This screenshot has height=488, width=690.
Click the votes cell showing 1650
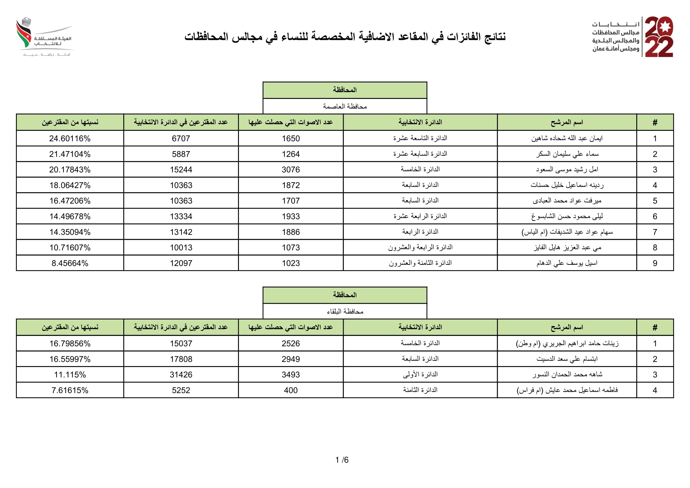coord(291,138)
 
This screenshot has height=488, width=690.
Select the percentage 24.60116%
coord(70,138)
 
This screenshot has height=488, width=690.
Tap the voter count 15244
coord(181,169)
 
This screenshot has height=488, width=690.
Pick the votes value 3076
coord(291,169)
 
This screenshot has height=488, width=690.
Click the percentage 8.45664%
coord(70,263)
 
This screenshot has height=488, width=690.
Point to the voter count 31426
coord(181,375)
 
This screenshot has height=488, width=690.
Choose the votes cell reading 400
coord(291,390)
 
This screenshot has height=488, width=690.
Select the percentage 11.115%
coord(70,375)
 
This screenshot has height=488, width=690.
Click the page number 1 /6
coord(342,460)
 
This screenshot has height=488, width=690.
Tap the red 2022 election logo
coord(659,37)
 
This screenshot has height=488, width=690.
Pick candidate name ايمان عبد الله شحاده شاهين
coord(567,138)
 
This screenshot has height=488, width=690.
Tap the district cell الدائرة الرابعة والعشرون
coord(420,247)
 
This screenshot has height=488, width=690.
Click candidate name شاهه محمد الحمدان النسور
coord(567,375)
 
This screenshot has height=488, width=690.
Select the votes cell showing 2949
coord(291,359)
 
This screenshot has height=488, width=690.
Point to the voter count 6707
coord(181,138)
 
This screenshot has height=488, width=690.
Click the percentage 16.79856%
coord(70,343)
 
